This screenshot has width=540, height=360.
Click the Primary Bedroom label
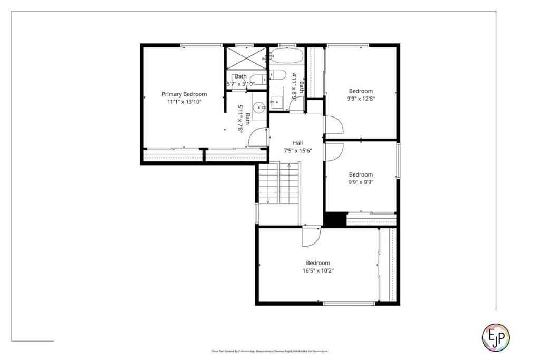click(x=184, y=94)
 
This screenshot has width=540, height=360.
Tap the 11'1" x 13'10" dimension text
click(x=184, y=101)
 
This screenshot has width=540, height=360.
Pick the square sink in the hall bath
click(x=277, y=99)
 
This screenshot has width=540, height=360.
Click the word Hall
click(x=298, y=143)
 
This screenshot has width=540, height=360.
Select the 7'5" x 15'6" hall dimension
click(x=298, y=150)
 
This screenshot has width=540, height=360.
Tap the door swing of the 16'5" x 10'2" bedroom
click(x=311, y=237)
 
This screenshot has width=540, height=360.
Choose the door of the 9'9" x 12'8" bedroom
click(x=333, y=124)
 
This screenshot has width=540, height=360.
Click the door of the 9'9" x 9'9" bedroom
click(x=333, y=151)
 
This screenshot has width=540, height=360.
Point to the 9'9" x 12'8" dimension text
click(x=361, y=98)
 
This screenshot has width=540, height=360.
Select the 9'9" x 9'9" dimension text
click(x=361, y=182)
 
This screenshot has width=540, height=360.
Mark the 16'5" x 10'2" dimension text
click(x=318, y=270)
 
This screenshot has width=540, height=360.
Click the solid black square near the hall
click(x=334, y=219)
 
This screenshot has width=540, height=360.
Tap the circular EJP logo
click(x=496, y=336)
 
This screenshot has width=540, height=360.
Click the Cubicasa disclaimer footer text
click(x=270, y=351)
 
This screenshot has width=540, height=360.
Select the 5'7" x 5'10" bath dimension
click(x=240, y=83)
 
